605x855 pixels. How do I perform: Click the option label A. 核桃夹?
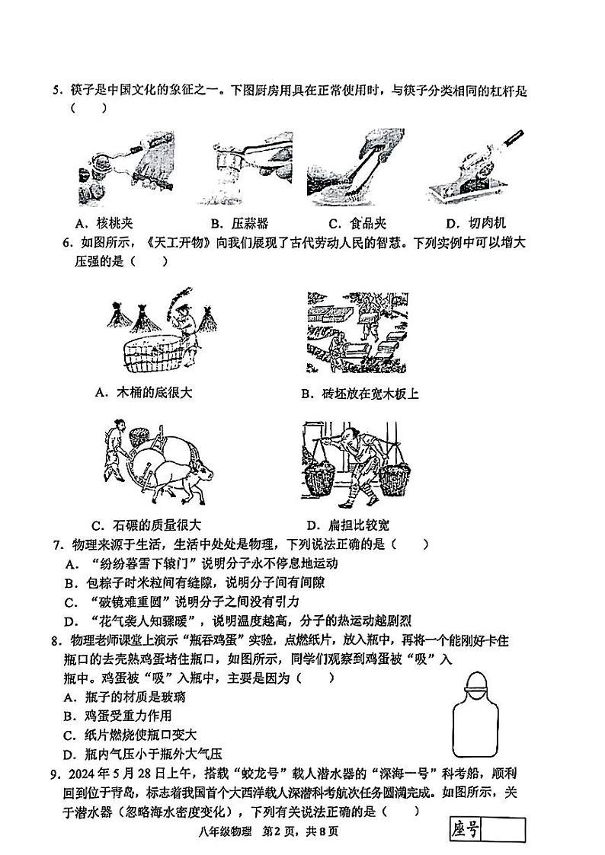pos(104,223)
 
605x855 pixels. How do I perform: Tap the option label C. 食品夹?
pos(357,223)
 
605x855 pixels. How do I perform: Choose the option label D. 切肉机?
pos(475,223)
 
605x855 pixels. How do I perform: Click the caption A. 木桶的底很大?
pos(144,393)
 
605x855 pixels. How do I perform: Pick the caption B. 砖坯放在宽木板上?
pos(360,394)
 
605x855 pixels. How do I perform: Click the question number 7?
pos(56,545)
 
